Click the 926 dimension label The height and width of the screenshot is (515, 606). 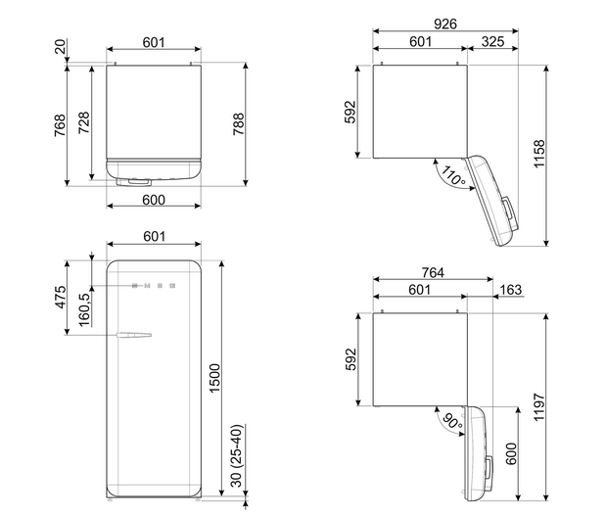pyautogui.click(x=445, y=23)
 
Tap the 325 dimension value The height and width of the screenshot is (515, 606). pyautogui.click(x=492, y=41)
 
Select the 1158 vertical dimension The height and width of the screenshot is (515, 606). pyautogui.click(x=538, y=154)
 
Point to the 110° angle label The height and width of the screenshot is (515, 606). pyautogui.click(x=453, y=176)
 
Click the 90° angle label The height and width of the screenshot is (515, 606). pyautogui.click(x=452, y=421)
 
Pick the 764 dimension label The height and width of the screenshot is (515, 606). pyautogui.click(x=433, y=272)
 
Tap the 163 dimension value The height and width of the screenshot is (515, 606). pyautogui.click(x=510, y=290)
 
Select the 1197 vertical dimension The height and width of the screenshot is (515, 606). pyautogui.click(x=538, y=407)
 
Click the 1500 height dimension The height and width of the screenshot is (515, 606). pyautogui.click(x=214, y=378)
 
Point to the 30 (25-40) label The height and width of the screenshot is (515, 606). pyautogui.click(x=238, y=455)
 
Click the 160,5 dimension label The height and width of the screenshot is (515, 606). pyautogui.click(x=84, y=309)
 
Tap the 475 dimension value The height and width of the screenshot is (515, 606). pyautogui.click(x=61, y=297)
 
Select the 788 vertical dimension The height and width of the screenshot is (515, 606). pyautogui.click(x=239, y=123)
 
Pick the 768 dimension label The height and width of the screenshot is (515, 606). pyautogui.click(x=60, y=125)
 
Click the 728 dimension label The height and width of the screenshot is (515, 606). pyautogui.click(x=84, y=122)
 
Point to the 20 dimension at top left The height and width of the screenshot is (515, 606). pyautogui.click(x=61, y=46)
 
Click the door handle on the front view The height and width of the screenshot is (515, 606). pyautogui.click(x=134, y=336)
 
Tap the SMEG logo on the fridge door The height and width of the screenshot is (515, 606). pyautogui.click(x=154, y=286)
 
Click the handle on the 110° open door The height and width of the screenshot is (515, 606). pyautogui.click(x=509, y=213)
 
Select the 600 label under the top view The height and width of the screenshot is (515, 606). pyautogui.click(x=154, y=200)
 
